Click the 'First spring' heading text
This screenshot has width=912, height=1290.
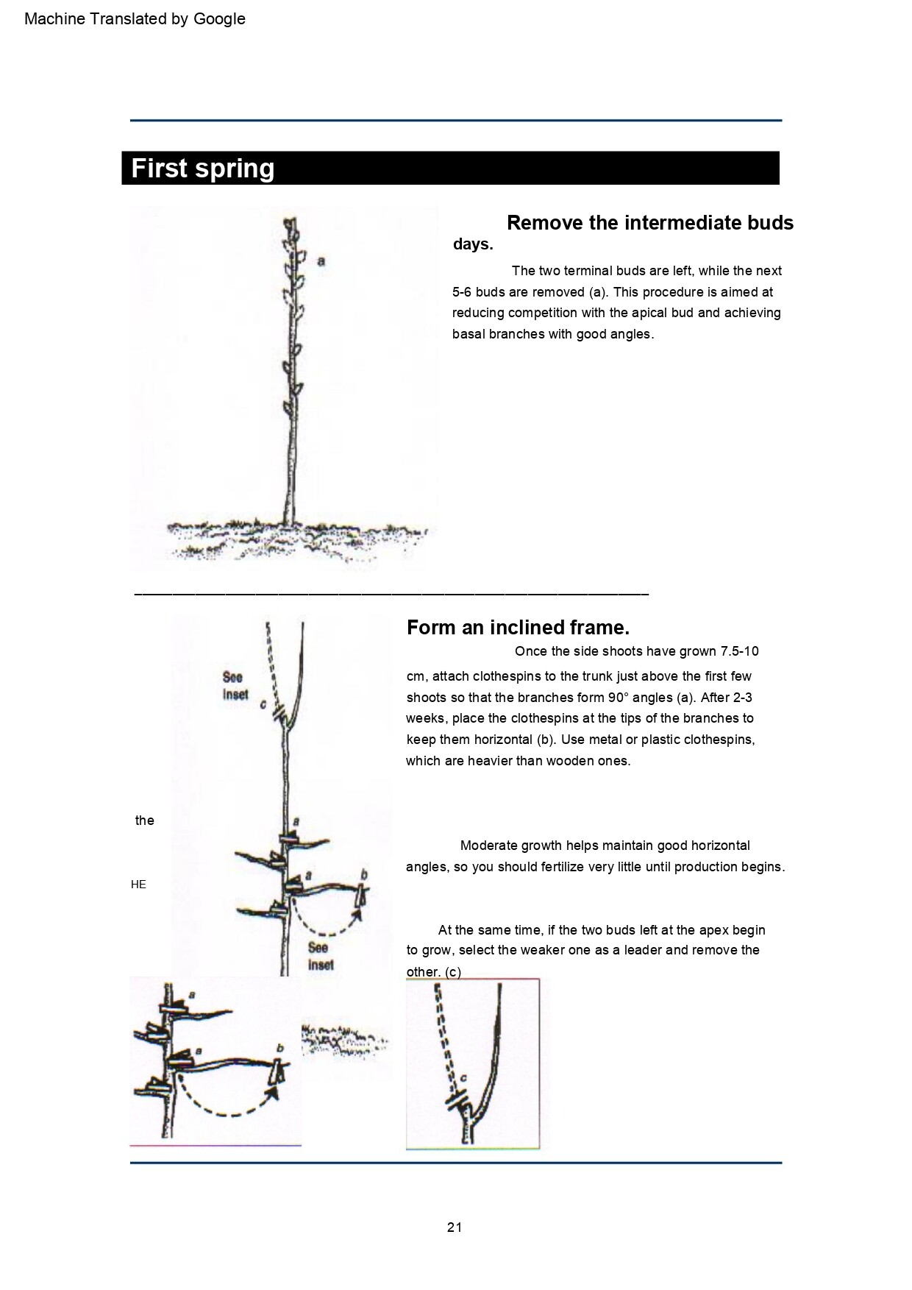pos(202,169)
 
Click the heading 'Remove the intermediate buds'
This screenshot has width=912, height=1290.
pos(650,223)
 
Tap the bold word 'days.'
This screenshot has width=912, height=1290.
pos(473,245)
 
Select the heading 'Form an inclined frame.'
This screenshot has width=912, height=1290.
pos(518,628)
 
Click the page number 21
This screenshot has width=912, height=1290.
pos(455,1227)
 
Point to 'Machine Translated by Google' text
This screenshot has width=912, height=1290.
pos(135,19)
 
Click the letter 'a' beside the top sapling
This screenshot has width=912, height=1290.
pos(321,261)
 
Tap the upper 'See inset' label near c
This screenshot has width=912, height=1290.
pos(235,685)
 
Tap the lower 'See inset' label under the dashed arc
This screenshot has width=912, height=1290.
pos(321,956)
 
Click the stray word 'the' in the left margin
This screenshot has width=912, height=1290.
pos(145,821)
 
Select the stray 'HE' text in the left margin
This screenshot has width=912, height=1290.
pos(138,885)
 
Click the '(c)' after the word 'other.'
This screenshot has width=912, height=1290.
pos(453,972)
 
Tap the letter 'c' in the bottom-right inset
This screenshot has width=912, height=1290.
pos(463,1079)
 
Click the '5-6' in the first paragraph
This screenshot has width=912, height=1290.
pos(463,292)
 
